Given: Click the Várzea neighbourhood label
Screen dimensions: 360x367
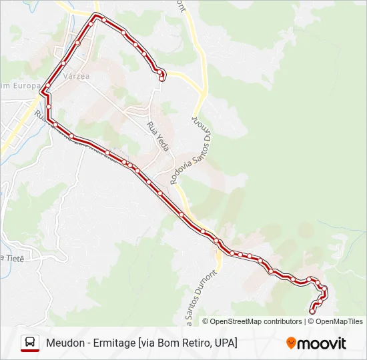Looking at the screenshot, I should [x=75, y=76].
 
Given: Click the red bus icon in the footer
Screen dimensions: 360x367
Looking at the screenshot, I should [x=30, y=343].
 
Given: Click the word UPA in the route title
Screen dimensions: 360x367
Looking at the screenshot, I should [x=225, y=343].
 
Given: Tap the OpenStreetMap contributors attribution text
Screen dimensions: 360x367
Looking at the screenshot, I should [x=252, y=321].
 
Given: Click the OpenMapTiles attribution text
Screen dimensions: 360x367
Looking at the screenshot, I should [x=339, y=321].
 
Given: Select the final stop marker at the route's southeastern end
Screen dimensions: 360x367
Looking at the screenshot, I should [x=312, y=311].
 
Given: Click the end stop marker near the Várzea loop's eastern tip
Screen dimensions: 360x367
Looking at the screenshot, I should [x=161, y=79].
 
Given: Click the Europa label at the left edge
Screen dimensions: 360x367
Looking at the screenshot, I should [x=13, y=85].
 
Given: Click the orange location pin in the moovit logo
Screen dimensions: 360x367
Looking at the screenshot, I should [x=291, y=343].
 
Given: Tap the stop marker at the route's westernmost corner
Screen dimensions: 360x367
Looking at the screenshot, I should [x=42, y=91].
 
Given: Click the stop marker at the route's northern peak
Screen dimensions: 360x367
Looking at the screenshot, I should [x=96, y=15].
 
